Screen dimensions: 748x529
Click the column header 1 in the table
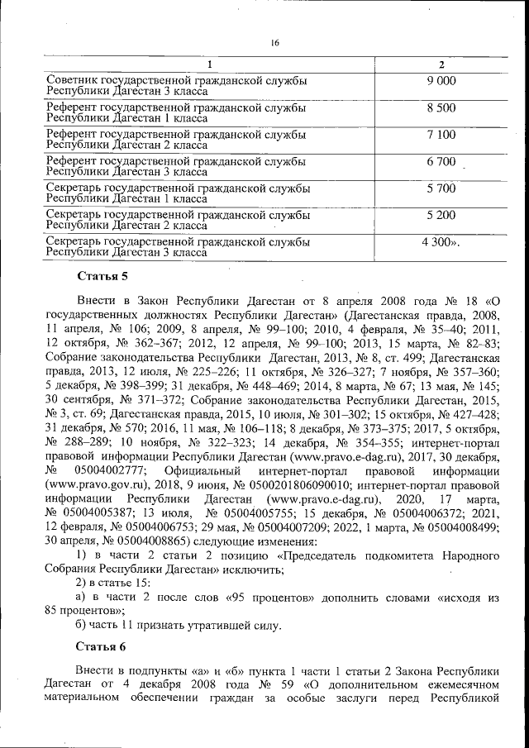click(208, 64)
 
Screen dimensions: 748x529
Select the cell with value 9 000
click(441, 80)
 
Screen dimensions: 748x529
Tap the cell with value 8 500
click(441, 107)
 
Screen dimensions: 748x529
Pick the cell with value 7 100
click(441, 134)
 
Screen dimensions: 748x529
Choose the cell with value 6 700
click(441, 161)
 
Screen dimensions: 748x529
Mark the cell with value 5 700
click(441, 188)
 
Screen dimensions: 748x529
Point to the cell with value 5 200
click(441, 215)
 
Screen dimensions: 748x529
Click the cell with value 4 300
click(441, 242)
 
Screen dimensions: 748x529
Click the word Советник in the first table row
click(72, 80)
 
